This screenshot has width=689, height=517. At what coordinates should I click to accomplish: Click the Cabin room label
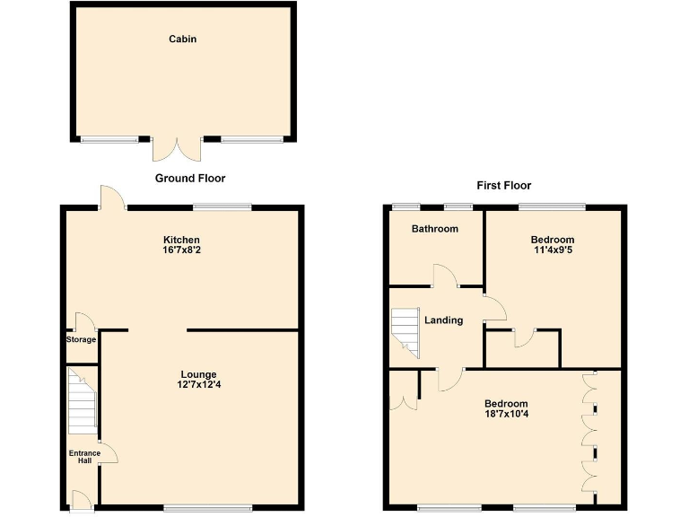pyautogui.click(x=183, y=39)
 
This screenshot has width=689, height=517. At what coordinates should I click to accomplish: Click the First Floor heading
pyautogui.click(x=504, y=186)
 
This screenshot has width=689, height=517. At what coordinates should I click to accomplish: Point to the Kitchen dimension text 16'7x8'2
pyautogui.click(x=180, y=251)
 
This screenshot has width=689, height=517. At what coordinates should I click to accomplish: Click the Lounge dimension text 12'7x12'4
pyautogui.click(x=198, y=386)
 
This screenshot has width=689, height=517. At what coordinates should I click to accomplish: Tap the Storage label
pyautogui.click(x=81, y=339)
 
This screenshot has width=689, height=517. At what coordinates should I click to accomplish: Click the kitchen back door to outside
pyautogui.click(x=111, y=198)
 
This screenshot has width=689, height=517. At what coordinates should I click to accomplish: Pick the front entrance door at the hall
pyautogui.click(x=81, y=501)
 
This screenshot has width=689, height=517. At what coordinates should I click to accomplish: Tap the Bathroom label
pyautogui.click(x=434, y=229)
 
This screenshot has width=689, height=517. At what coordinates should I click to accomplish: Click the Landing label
pyautogui.click(x=443, y=320)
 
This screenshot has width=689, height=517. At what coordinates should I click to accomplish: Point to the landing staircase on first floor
pyautogui.click(x=406, y=332)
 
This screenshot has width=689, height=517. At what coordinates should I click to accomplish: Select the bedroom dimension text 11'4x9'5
pyautogui.click(x=552, y=251)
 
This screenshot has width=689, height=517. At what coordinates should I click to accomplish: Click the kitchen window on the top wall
pyautogui.click(x=222, y=207)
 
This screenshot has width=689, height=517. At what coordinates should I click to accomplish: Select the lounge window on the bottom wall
pyautogui.click(x=208, y=508)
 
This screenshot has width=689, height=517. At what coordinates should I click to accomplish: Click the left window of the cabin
pyautogui.click(x=109, y=139)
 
